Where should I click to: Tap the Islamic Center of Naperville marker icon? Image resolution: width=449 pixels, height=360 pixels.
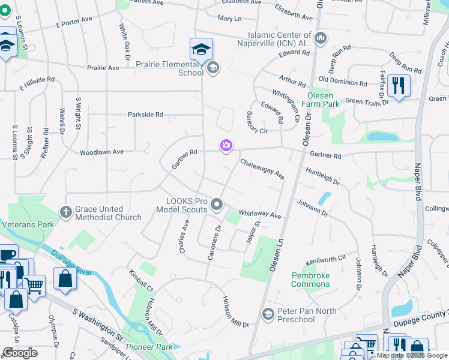tap(320, 38)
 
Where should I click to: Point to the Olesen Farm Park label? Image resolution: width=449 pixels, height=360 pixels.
tap(324, 100)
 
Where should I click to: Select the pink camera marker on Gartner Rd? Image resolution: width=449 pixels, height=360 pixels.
tap(226, 146)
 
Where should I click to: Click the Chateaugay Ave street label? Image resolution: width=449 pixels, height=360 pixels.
tap(262, 169)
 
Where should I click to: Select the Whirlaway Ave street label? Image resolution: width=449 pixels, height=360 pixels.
tap(259, 214)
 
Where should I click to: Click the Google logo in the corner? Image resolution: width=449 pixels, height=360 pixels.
tap(20, 353)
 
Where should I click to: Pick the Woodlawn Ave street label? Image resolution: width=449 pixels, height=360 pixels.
tap(101, 152)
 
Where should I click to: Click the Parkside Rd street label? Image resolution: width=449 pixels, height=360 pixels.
tap(145, 115)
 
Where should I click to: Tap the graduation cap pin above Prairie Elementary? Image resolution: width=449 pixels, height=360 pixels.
tap(202, 49)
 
